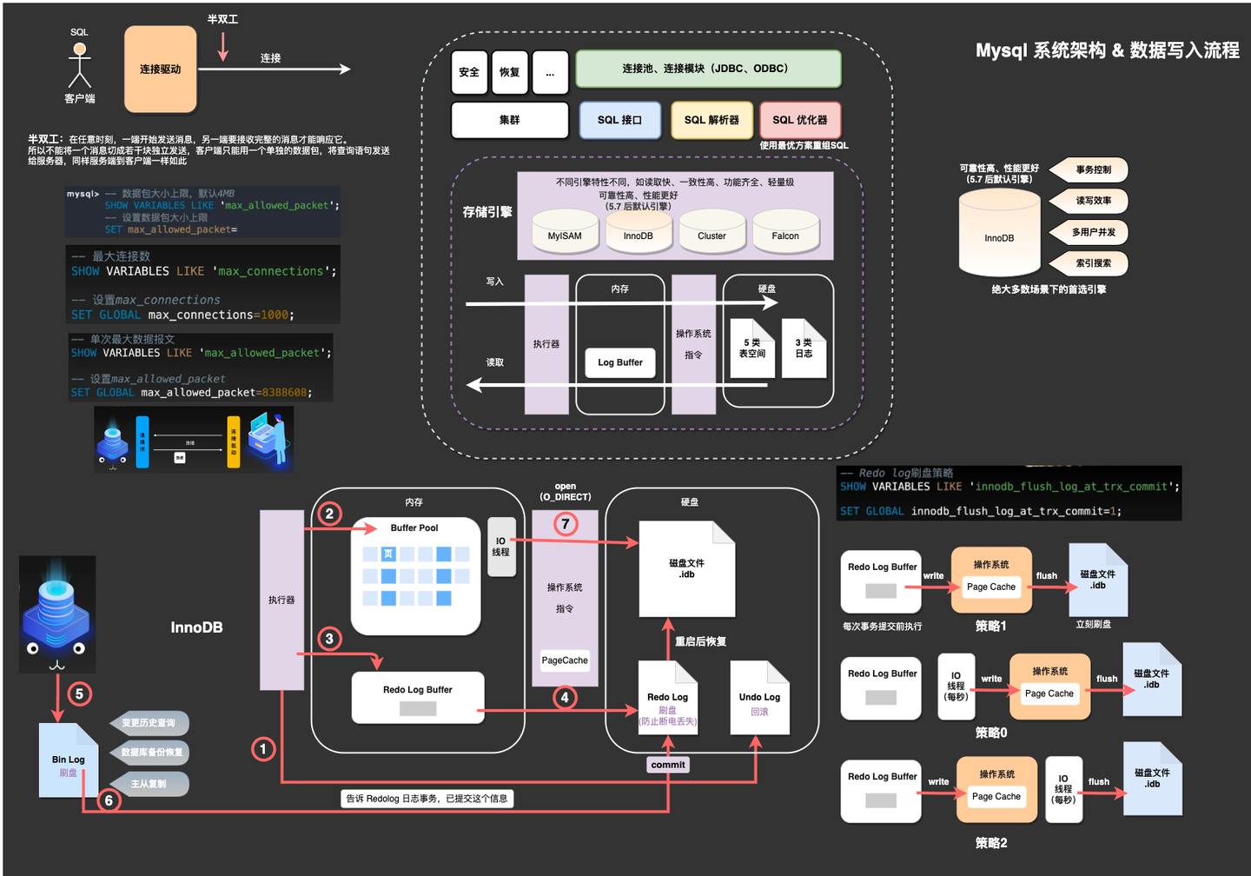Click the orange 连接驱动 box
click(x=161, y=70)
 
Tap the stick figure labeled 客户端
click(x=80, y=66)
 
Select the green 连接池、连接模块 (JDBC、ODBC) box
click(x=708, y=69)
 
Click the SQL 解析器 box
click(x=712, y=120)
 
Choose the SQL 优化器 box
click(x=800, y=120)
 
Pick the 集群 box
click(x=510, y=120)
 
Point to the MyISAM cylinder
click(x=565, y=232)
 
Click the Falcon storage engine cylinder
click(x=785, y=232)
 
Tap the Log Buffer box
click(x=620, y=362)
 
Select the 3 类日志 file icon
click(x=804, y=348)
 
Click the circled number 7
click(x=566, y=524)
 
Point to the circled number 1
click(x=263, y=749)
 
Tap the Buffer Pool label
click(x=414, y=528)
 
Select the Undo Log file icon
click(x=759, y=699)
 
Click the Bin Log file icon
click(x=68, y=761)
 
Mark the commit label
click(x=668, y=765)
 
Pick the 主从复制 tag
click(x=149, y=784)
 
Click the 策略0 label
click(x=991, y=733)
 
